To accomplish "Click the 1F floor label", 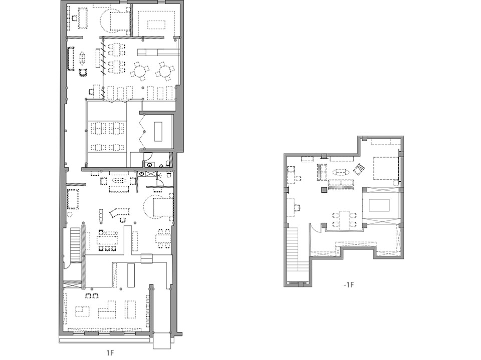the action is tap(110, 352).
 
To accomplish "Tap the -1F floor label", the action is tap(349, 285).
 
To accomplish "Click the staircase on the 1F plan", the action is tap(75, 244).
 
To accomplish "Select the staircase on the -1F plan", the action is tap(293, 250).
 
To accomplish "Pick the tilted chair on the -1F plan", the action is tap(359, 168).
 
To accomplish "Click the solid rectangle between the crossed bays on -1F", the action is tap(379, 205).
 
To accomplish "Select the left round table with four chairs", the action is tap(140, 71).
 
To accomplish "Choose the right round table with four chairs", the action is tap(165, 71).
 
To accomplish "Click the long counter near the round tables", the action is tap(159, 52).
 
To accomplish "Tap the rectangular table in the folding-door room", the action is tap(158, 131).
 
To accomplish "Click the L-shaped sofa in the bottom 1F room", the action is tap(107, 309).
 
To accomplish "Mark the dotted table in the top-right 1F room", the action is tap(156, 24).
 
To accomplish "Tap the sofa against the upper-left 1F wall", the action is tap(71, 59).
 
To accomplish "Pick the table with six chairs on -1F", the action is tap(345, 219).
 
